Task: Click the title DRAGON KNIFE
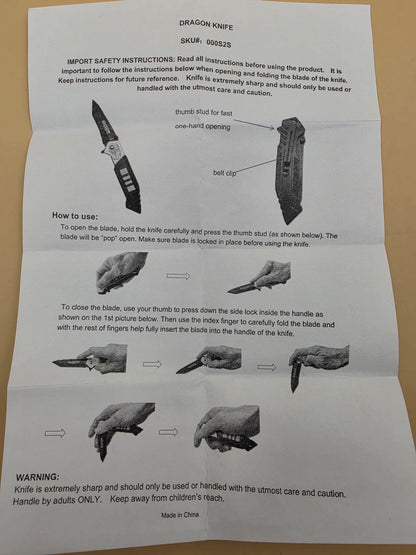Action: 206,25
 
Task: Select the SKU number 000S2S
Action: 218,43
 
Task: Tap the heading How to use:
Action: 75,216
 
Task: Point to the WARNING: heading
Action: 38,477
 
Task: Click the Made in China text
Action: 180,515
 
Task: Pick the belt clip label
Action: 224,173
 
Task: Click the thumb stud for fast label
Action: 204,113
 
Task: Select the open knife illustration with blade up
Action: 117,156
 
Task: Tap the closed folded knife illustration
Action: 290,171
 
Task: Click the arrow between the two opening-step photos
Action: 178,276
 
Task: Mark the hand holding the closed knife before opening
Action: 121,273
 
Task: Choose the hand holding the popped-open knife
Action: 260,277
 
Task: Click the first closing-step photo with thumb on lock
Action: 90,359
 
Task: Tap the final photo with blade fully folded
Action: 227,429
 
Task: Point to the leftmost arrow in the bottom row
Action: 55,433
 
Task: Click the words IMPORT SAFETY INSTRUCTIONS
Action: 120,61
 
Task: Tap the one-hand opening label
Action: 203,126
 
